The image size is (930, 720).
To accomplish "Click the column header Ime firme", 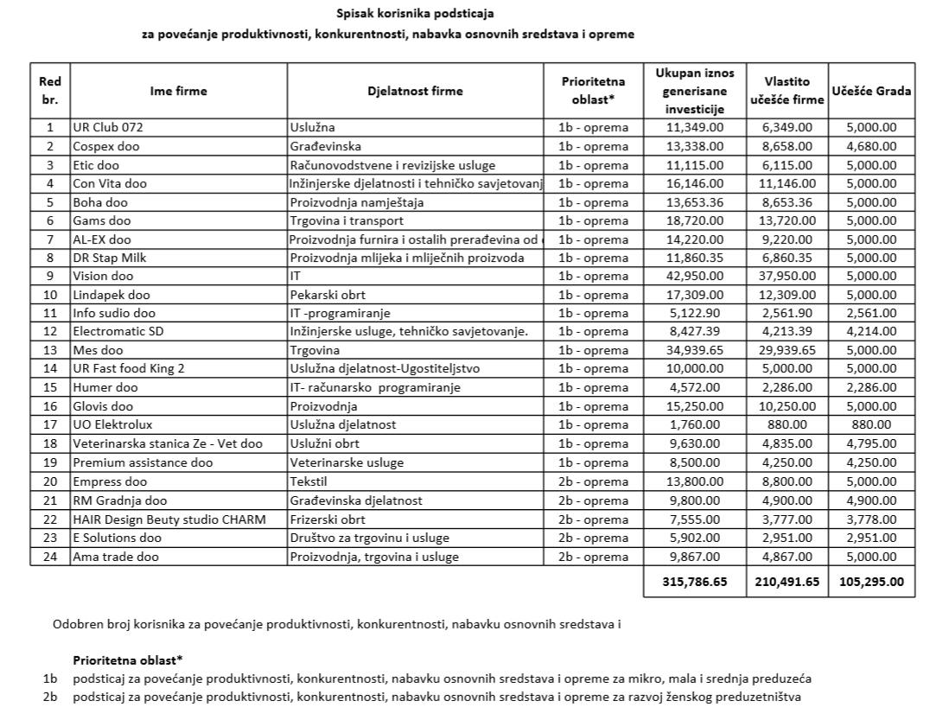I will [x=179, y=91].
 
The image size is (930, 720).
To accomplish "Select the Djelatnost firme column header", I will [x=415, y=91].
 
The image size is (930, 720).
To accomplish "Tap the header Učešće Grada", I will [x=871, y=91].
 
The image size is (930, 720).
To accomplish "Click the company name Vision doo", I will [x=103, y=276].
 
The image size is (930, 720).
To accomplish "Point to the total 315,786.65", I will [x=694, y=583].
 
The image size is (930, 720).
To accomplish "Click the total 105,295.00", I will [x=871, y=583].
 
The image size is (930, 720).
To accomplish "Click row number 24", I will [x=49, y=557].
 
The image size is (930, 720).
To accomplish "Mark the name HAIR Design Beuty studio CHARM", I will [x=169, y=519].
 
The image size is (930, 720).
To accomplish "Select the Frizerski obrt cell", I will [x=328, y=519].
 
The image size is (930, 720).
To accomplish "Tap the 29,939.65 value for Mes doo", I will [x=783, y=350].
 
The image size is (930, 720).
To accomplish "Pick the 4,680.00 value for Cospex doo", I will [x=871, y=146].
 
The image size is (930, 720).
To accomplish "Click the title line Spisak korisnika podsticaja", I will [x=417, y=14].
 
